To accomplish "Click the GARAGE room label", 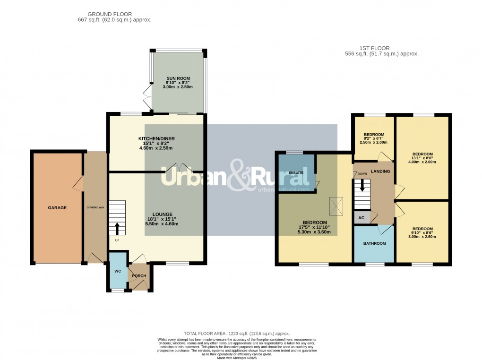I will (x=57, y=207).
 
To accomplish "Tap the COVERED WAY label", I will (x=95, y=207).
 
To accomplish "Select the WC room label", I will (x=118, y=271).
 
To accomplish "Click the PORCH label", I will (x=139, y=276).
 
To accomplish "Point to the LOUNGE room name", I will (x=162, y=214).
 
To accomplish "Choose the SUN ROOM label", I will (x=177, y=77).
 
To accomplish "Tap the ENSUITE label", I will (x=296, y=173).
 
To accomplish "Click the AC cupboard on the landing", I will (x=362, y=218).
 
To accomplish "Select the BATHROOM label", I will (x=374, y=243).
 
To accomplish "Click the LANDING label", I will (x=380, y=171).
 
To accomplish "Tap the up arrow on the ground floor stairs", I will (x=117, y=229).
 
